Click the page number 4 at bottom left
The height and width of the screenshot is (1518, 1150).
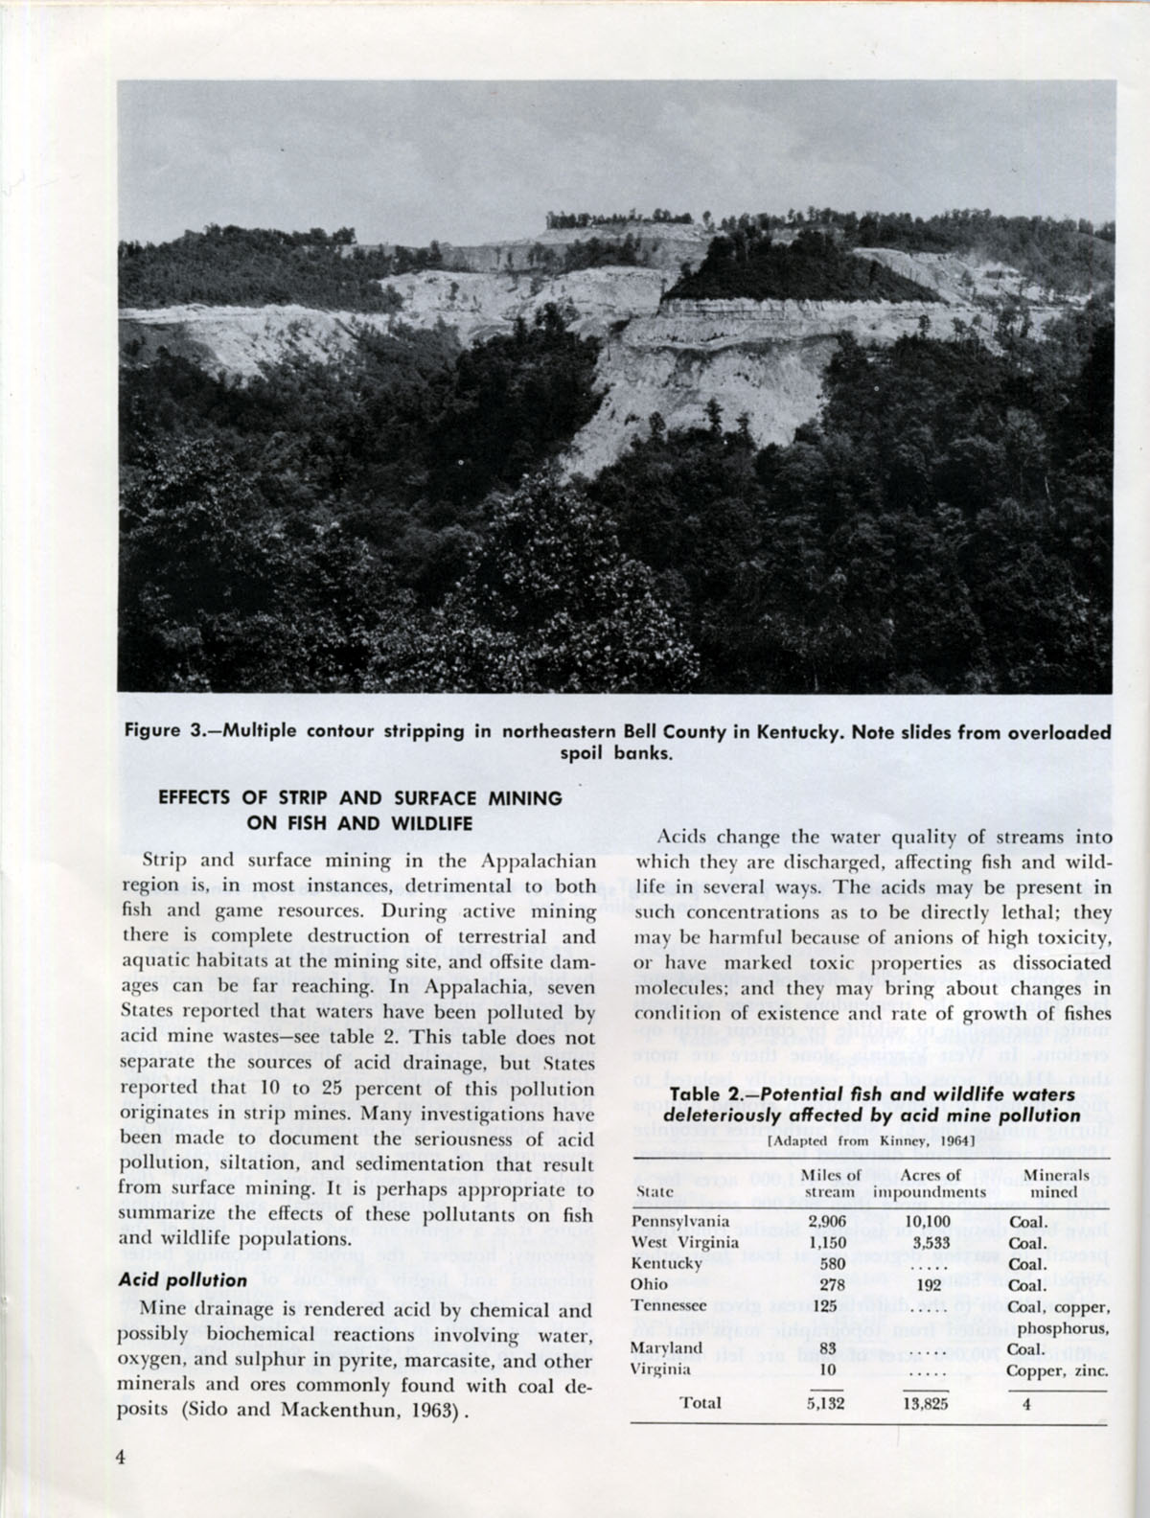[122, 1457]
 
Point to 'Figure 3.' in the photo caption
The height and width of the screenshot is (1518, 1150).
[164, 731]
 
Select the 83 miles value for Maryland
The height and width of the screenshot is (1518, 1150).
[831, 1348]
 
